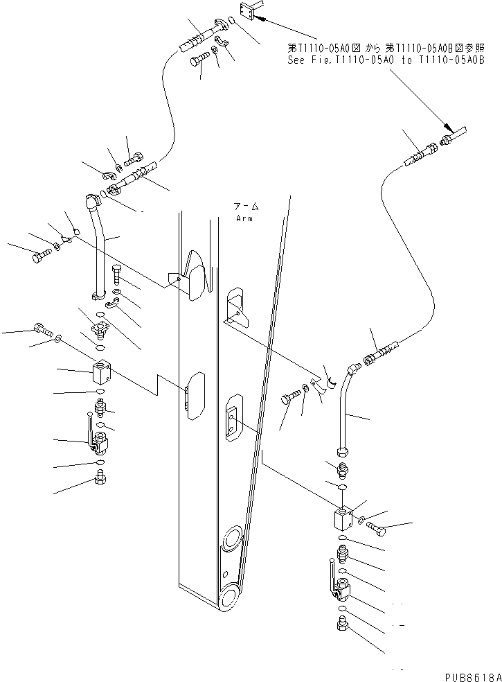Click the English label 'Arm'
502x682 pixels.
pyautogui.click(x=244, y=218)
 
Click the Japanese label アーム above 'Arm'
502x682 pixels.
pyautogui.click(x=246, y=207)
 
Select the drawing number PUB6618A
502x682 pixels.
pyautogui.click(x=470, y=676)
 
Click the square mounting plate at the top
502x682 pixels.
pyautogui.click(x=249, y=11)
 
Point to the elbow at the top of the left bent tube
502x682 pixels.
pyautogui.click(x=91, y=203)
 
